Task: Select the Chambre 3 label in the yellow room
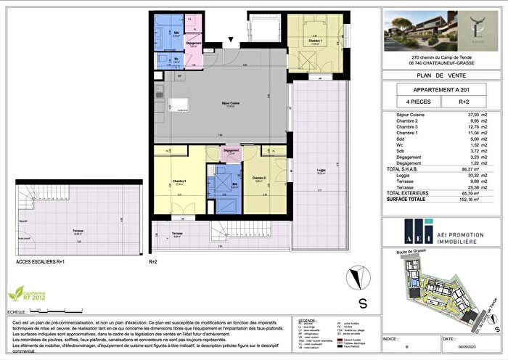tap(179, 181)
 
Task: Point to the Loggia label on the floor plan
tap(320, 172)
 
